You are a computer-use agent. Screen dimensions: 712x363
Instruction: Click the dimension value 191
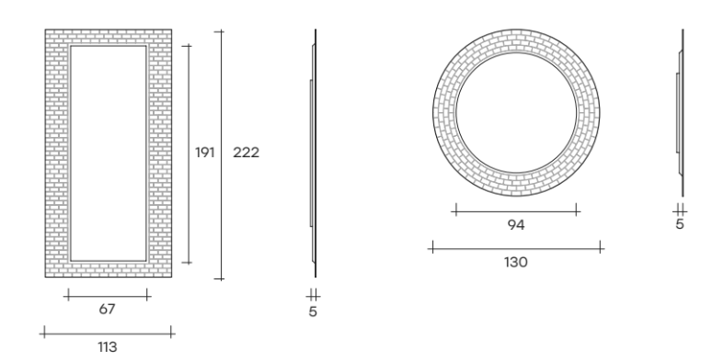pyautogui.click(x=205, y=153)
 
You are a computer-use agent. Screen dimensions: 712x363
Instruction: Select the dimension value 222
pyautogui.click(x=247, y=153)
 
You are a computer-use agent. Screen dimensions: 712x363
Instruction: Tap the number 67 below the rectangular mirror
pyautogui.click(x=107, y=309)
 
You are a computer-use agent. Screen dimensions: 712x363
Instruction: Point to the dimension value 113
pyautogui.click(x=108, y=347)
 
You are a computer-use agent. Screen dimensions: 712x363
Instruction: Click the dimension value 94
pyautogui.click(x=516, y=224)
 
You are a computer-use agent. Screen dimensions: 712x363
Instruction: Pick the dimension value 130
pyautogui.click(x=516, y=262)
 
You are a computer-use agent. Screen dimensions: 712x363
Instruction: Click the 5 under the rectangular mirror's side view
pyautogui.click(x=313, y=312)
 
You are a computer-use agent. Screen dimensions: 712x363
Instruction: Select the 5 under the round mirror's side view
pyautogui.click(x=679, y=224)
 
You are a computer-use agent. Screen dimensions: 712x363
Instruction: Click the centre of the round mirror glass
pyautogui.click(x=516, y=113)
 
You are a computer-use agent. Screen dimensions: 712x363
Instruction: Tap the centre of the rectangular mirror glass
pyautogui.click(x=109, y=153)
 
